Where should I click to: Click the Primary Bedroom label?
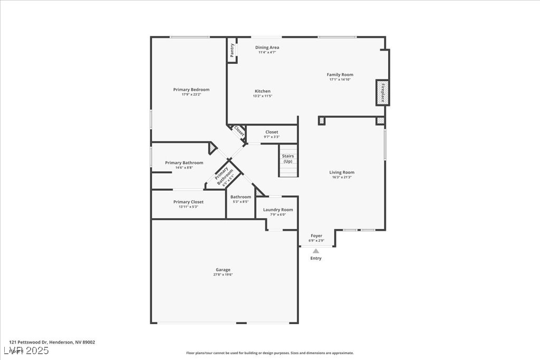[191, 90]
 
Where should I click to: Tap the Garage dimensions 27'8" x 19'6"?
[223, 275]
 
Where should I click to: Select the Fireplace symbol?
[382, 93]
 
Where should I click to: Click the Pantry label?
[232, 50]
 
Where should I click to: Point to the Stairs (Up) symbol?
[288, 161]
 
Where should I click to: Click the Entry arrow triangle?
[316, 251]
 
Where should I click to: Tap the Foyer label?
[316, 236]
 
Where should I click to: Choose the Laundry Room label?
[278, 210]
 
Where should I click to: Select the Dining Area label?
[267, 47]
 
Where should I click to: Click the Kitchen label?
[262, 91]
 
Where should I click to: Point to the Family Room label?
[340, 75]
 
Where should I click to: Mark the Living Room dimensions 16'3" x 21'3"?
[342, 177]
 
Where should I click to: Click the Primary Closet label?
[188, 202]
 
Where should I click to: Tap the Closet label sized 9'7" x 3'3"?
[272, 132]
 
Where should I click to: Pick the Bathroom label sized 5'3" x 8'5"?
[240, 197]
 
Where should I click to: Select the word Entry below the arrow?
[316, 258]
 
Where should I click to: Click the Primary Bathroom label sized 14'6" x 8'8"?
[184, 163]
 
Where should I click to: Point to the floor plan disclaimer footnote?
[269, 353]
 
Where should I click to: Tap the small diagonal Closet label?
[239, 131]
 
